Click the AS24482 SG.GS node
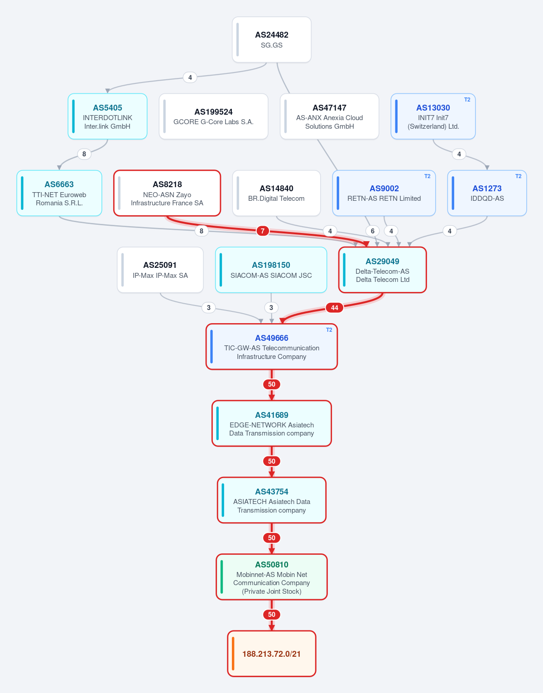coord(272,39)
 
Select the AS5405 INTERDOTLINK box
coord(107,116)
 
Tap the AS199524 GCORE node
coord(213,116)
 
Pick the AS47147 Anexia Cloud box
coord(330,116)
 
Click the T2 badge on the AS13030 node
coord(467,100)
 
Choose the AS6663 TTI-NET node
coord(59,193)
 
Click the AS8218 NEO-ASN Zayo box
coord(167,193)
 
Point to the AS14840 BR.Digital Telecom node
coord(276,193)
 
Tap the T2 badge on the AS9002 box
coord(427,176)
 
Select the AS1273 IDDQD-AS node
coord(487,193)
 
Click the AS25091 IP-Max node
coord(160,270)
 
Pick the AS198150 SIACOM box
coord(271,270)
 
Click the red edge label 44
coord(334,308)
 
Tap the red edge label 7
coord(263,231)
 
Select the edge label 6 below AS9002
coord(373,231)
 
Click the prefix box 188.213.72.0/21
coord(272,654)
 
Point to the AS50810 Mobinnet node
coord(272,577)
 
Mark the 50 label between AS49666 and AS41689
coord(272,384)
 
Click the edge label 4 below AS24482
coord(190,78)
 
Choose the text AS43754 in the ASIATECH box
coord(272,492)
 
